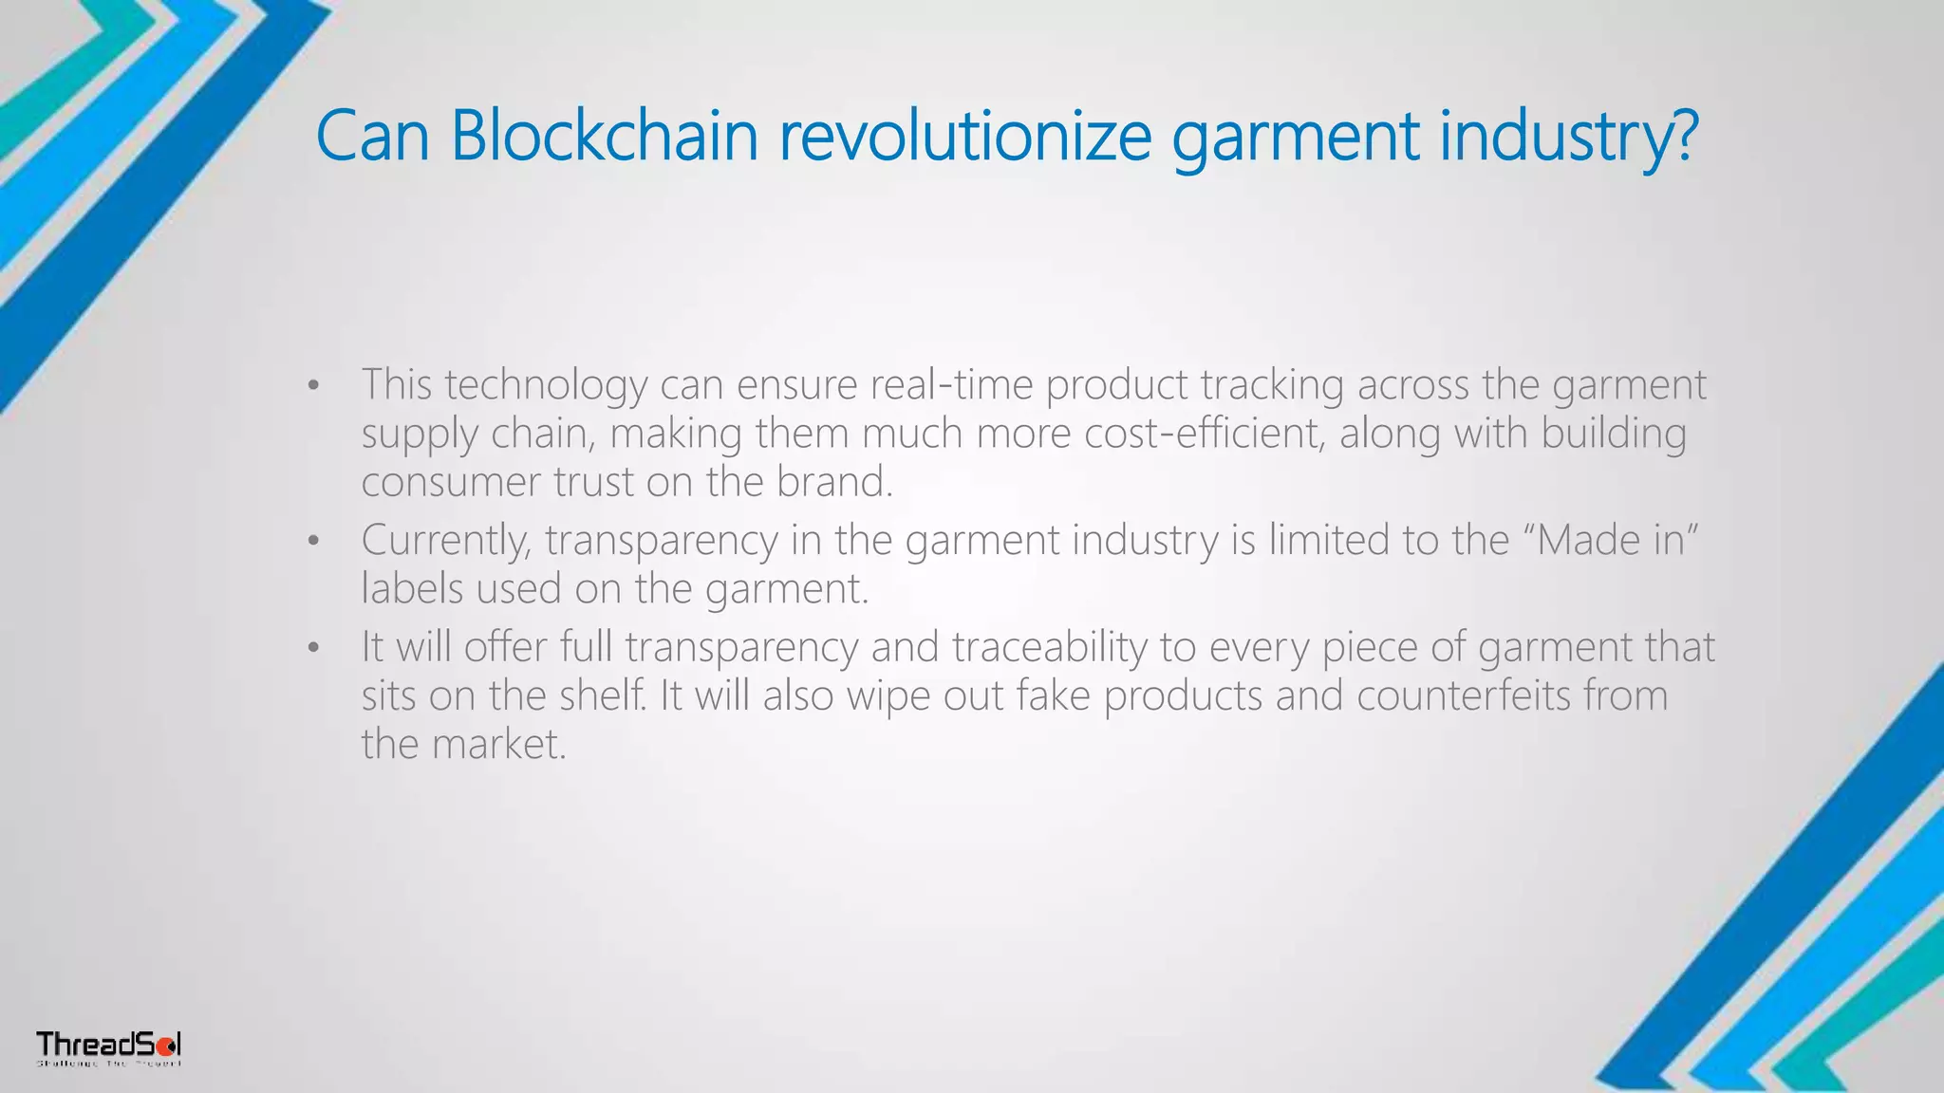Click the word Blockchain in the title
coord(604,136)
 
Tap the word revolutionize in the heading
coord(965,136)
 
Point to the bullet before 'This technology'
coord(313,386)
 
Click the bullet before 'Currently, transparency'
coord(313,542)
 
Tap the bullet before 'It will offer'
coord(313,649)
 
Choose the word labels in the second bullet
coord(412,588)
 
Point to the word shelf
coord(601,695)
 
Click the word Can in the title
coord(372,136)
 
